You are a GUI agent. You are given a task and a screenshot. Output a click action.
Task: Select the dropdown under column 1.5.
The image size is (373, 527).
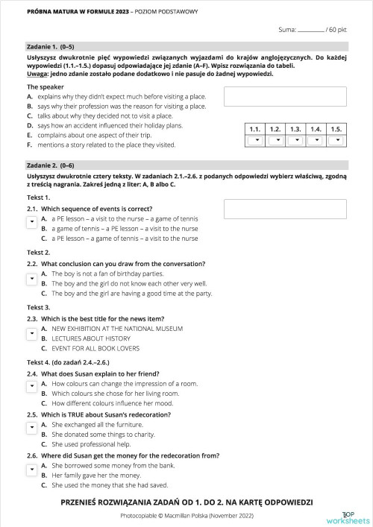pos(336,140)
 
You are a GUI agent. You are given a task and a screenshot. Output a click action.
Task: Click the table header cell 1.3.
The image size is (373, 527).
pos(296,128)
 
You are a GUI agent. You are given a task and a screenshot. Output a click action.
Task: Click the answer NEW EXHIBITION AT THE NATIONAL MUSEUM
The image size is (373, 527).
pos(111,327)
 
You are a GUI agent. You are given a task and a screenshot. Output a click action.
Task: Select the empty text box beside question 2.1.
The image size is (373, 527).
pos(284,209)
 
